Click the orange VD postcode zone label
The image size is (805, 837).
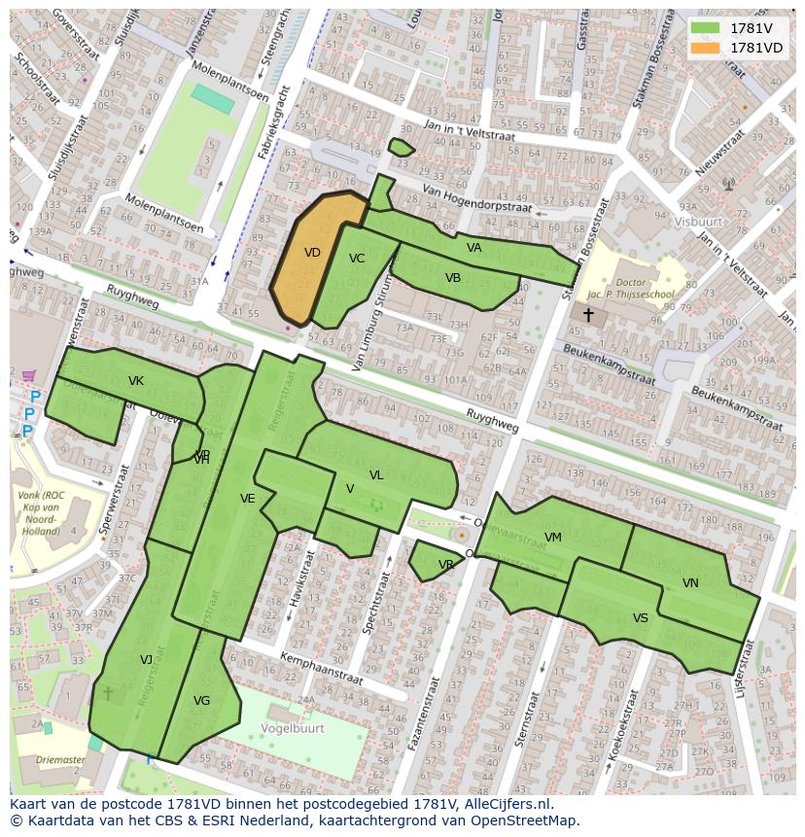coord(312,253)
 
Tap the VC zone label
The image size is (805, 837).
coord(357,259)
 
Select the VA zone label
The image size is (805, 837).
coord(473,248)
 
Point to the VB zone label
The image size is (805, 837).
coord(453,278)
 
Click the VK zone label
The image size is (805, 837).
coord(135,381)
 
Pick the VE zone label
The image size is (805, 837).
coord(248,499)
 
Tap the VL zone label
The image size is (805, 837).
coord(376,475)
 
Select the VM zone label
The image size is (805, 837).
coord(553,538)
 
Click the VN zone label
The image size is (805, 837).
coord(690,583)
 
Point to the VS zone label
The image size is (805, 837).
coord(640,618)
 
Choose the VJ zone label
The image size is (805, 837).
coord(147,660)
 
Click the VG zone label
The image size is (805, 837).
coord(201,701)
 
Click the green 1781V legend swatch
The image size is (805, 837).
coord(705,28)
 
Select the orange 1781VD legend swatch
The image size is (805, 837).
coord(705,48)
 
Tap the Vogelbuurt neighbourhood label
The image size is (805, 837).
coord(292,727)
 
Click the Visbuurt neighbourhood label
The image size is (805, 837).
coord(699,221)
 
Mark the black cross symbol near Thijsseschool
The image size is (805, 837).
coord(588,315)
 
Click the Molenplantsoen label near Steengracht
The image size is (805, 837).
coord(229,81)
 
